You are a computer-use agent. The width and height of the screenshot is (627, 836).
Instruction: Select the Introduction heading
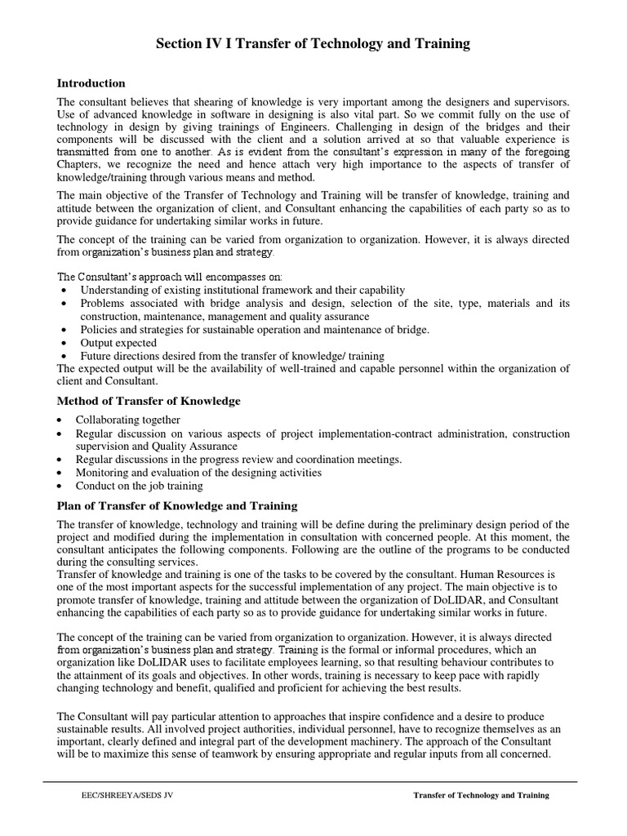coord(91,83)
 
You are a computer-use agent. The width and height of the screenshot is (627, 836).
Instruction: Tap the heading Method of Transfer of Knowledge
coord(148,401)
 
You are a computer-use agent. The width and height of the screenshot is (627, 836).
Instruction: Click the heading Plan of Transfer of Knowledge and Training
coord(176,506)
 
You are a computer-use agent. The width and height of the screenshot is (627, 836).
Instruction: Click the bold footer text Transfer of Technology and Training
coord(481,794)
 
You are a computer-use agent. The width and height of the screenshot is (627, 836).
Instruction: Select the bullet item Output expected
coord(118,343)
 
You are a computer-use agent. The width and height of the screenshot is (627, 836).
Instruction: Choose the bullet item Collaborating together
coord(128,420)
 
